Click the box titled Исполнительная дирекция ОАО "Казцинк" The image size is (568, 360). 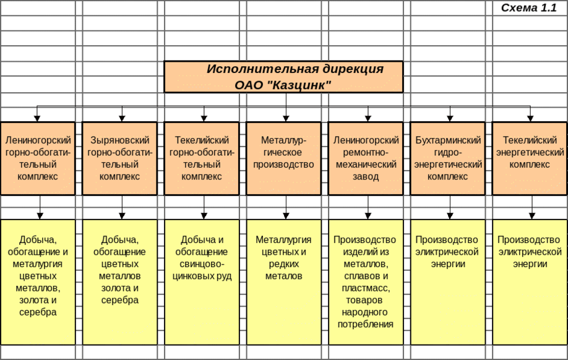click(283, 77)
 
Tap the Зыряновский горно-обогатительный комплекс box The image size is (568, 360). click(120, 158)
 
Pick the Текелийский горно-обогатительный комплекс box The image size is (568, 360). click(202, 158)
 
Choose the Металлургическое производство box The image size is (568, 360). click(283, 158)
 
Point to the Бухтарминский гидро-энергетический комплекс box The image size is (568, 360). click(448, 158)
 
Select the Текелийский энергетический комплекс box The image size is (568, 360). click(530, 158)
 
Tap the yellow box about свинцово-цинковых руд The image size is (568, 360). click(202, 281)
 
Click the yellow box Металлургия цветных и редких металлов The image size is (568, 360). click(283, 281)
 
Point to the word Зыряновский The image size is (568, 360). click(120, 140)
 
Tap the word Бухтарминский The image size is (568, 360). click(448, 140)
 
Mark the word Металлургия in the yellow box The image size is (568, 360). click(283, 240)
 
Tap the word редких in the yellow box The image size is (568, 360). click(283, 264)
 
